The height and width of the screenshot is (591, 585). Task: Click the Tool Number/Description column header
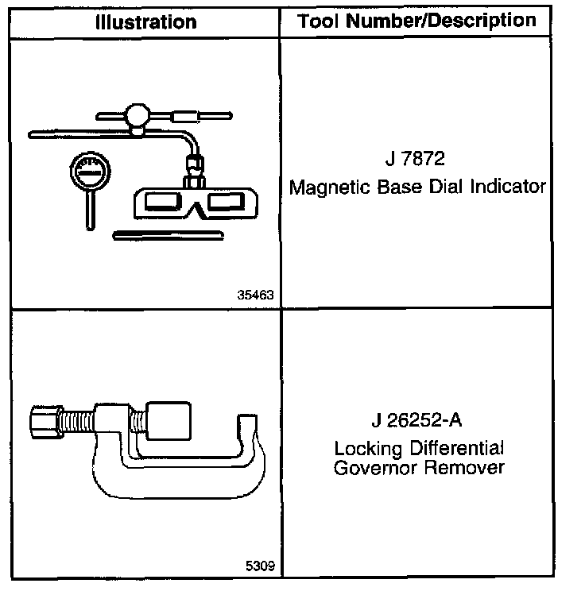(x=416, y=21)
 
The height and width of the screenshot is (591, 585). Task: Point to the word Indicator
(x=509, y=187)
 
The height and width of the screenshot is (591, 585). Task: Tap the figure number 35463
(x=255, y=295)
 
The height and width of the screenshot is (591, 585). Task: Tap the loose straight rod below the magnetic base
(x=170, y=234)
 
